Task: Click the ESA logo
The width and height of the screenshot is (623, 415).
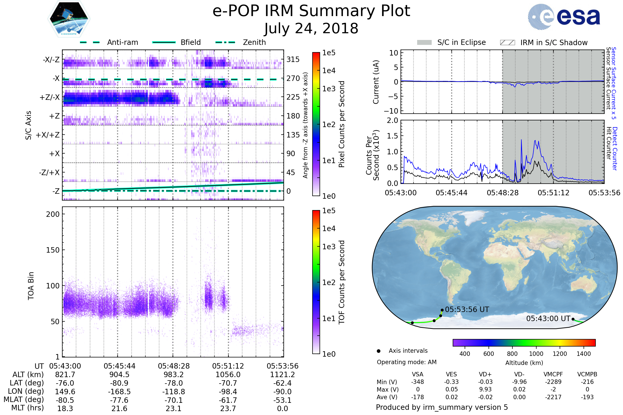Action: [564, 17]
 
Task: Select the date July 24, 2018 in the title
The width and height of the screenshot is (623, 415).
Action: [311, 29]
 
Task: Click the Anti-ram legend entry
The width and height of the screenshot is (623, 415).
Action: [122, 42]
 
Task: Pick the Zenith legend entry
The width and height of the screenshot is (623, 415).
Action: [254, 42]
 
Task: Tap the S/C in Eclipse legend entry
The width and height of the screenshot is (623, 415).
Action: [461, 42]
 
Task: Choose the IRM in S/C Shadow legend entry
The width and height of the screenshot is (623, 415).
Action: [554, 43]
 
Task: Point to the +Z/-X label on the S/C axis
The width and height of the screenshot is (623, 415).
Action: [50, 98]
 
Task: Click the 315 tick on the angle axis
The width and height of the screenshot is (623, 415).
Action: [293, 59]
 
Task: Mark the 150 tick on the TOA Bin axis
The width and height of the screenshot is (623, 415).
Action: [53, 250]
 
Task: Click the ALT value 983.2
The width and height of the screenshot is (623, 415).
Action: [173, 375]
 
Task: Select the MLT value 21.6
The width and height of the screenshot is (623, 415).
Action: [119, 408]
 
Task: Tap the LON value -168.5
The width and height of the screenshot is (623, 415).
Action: [119, 391]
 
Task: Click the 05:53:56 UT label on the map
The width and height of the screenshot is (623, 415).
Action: [467, 309]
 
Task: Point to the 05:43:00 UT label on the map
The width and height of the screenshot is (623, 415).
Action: [548, 319]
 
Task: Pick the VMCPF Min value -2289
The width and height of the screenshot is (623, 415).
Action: [553, 382]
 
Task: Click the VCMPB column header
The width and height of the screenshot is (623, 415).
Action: [587, 374]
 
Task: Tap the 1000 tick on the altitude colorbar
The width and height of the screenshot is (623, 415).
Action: [536, 354]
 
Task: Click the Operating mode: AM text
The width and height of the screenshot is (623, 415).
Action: [407, 362]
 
